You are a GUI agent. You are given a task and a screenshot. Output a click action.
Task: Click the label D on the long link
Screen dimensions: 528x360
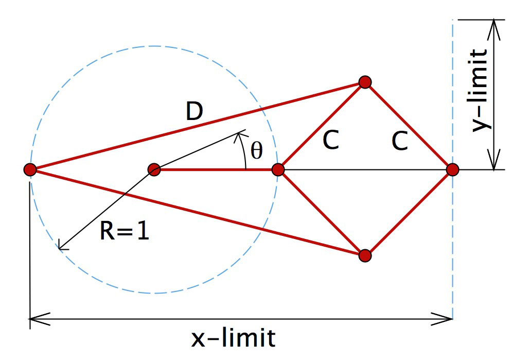195,112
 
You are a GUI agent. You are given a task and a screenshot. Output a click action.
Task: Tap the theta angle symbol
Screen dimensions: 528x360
257,150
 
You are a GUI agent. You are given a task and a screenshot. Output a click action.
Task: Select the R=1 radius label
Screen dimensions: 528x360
125,231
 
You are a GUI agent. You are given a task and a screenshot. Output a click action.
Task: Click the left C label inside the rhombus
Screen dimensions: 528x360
331,140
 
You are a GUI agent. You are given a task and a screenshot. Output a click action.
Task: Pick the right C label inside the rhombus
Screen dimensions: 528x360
400,141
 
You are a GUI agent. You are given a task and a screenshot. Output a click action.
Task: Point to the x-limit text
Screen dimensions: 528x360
233,338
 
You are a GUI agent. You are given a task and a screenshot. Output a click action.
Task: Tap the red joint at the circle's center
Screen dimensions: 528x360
154,169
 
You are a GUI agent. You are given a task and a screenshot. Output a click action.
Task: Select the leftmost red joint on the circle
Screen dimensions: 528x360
30,169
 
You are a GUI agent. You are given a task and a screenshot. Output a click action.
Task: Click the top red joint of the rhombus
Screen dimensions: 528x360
365,82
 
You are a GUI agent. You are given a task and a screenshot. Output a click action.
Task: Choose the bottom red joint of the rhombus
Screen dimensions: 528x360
365,255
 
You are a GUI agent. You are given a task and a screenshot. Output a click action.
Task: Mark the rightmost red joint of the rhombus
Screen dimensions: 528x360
452,169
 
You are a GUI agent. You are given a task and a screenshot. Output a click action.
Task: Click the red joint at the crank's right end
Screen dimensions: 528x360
278,169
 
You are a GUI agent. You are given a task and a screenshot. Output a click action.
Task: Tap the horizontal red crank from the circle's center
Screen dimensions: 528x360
216,169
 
